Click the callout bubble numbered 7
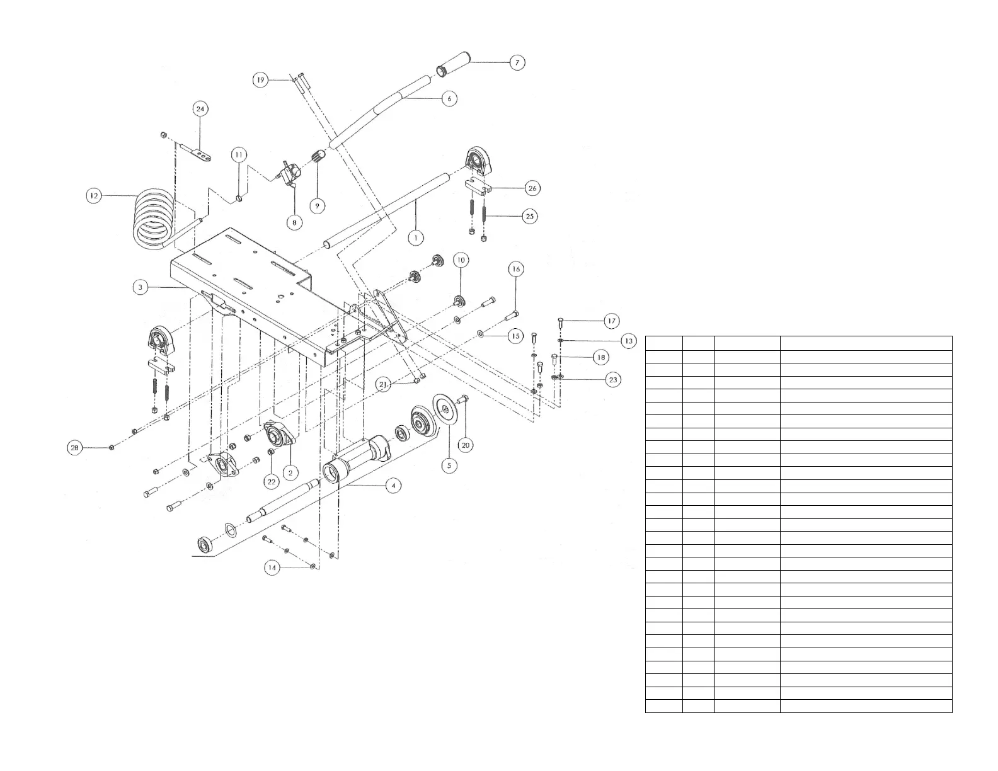tap(516, 62)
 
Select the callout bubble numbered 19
tap(261, 80)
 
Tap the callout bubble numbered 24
tap(200, 109)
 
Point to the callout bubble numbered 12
tap(94, 196)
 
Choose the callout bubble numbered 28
tap(75, 447)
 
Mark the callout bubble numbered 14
tap(272, 568)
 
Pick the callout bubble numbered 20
tap(466, 445)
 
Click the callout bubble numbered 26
tap(532, 188)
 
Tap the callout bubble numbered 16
tap(516, 270)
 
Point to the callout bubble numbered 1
tap(415, 238)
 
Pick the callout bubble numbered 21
tap(384, 384)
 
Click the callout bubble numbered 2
tap(290, 472)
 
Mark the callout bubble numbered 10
tap(460, 260)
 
